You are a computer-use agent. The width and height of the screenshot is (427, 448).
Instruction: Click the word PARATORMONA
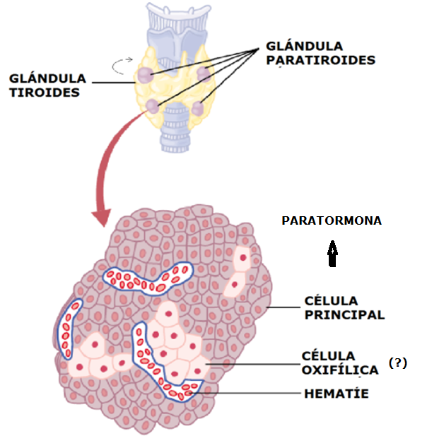332,220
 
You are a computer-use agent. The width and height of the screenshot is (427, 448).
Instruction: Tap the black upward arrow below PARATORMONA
332,254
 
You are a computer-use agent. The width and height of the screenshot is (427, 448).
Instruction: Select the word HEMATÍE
336,393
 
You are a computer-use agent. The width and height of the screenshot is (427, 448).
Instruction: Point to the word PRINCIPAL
344,315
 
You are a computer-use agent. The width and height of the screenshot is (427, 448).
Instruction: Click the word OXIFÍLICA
340,370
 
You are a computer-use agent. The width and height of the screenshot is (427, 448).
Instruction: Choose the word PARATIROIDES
320,60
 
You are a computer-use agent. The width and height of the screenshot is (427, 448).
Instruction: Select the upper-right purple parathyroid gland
204,73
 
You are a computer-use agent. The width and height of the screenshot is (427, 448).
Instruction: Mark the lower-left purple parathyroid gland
151,107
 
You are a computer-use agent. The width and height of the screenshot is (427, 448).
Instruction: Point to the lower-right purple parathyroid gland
198,109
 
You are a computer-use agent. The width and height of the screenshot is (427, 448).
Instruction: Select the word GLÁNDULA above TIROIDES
48,77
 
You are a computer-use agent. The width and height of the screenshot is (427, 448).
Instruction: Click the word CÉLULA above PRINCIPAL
329,301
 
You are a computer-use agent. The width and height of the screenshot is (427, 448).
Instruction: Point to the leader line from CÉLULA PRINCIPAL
283,307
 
